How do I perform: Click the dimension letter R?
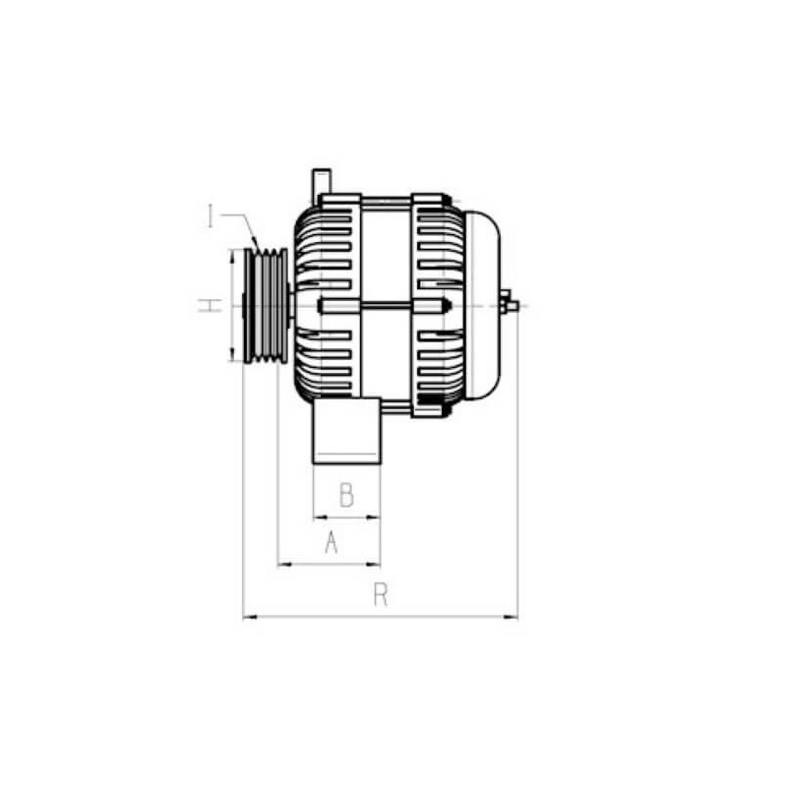381,594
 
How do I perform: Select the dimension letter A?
332,541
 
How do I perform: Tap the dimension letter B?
346,495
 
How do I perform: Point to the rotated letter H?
211,306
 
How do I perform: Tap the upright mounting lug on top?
321,183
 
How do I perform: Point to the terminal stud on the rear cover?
510,305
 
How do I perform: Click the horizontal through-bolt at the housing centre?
384,306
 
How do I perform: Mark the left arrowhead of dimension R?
247,617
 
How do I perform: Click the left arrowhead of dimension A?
283,565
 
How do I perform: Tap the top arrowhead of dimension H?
232,255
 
